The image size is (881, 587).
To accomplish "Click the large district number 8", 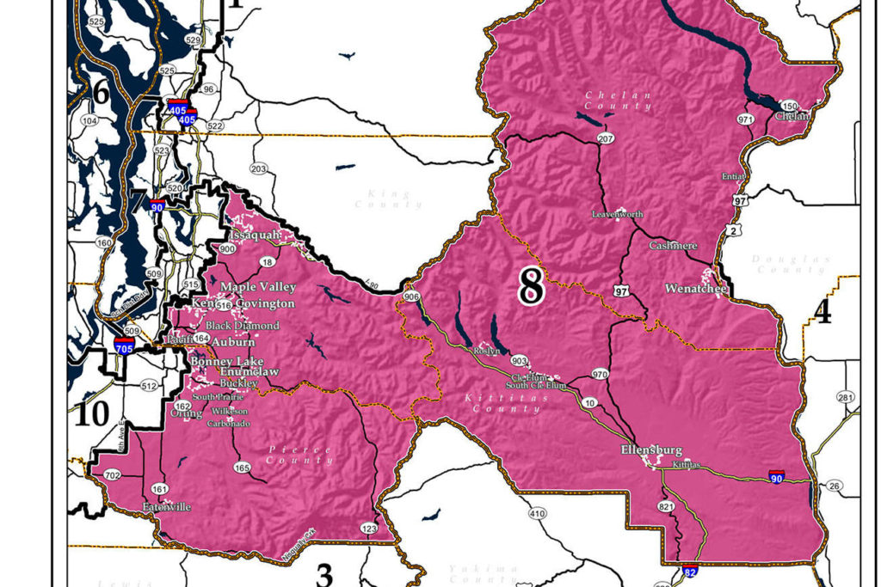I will pyautogui.click(x=531, y=286).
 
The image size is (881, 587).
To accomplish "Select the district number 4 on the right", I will pyautogui.click(x=822, y=313).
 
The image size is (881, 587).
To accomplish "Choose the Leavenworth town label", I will pyautogui.click(x=617, y=214).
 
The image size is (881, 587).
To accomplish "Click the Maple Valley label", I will pyautogui.click(x=258, y=287).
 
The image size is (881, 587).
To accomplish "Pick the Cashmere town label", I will pyautogui.click(x=673, y=246).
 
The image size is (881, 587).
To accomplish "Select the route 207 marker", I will pyautogui.click(x=606, y=138).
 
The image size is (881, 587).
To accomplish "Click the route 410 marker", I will pyautogui.click(x=537, y=514).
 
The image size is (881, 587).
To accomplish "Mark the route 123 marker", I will pyautogui.click(x=368, y=529).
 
